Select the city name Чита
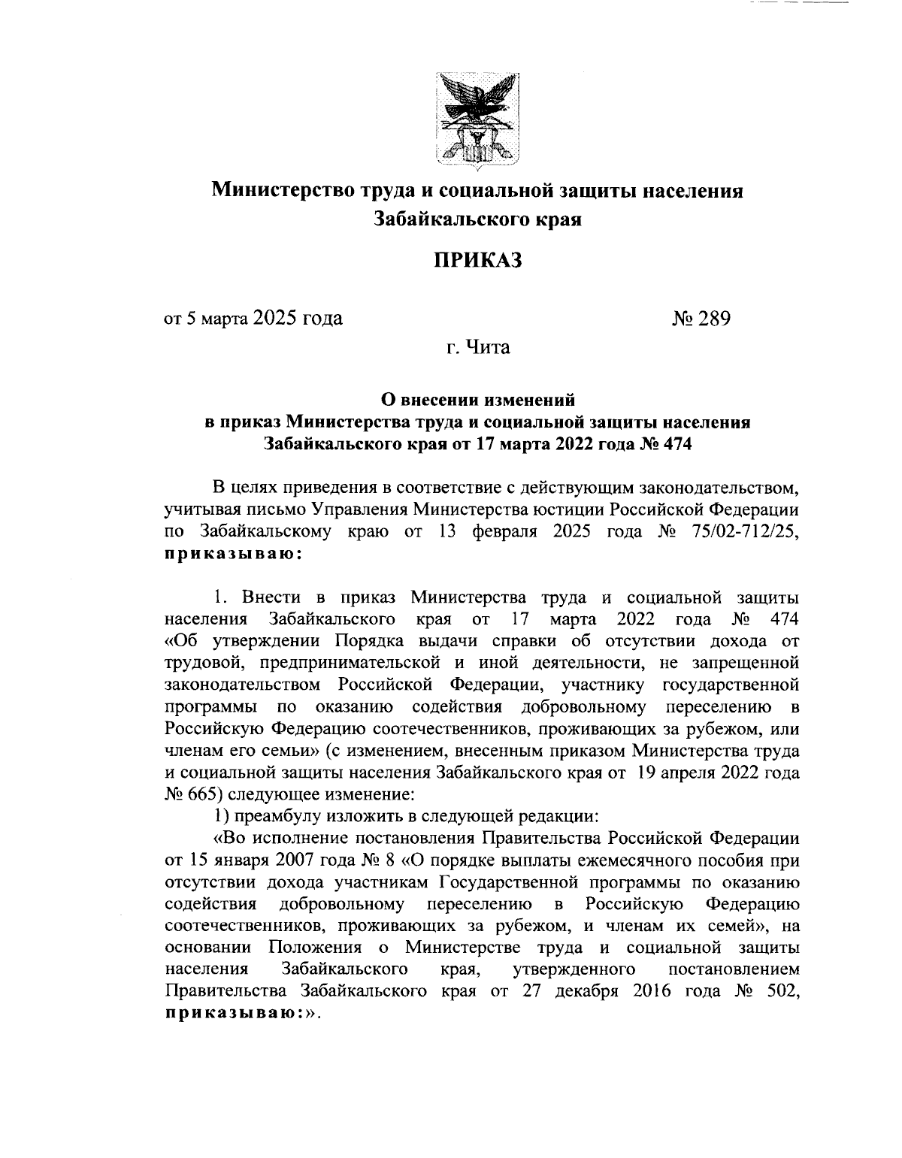click(489, 348)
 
